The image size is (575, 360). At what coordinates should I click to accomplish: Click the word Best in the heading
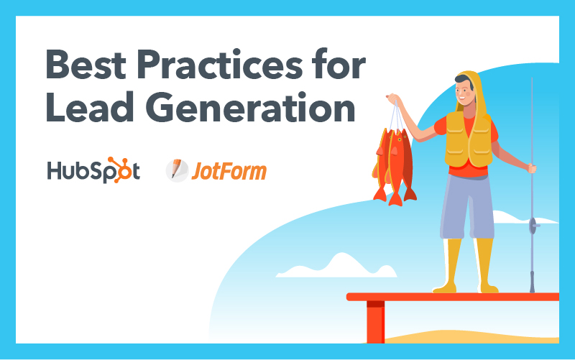[x=86, y=65]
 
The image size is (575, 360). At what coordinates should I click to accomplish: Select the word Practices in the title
[x=220, y=65]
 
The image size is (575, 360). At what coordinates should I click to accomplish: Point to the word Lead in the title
[x=89, y=106]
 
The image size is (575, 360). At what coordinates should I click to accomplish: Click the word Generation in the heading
[x=250, y=106]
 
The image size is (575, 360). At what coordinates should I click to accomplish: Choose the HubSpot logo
[x=93, y=170]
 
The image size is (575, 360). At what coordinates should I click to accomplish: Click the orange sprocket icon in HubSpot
[x=119, y=170]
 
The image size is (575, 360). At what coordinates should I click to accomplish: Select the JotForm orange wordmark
[x=229, y=171]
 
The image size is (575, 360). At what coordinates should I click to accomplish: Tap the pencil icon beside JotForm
[x=177, y=170]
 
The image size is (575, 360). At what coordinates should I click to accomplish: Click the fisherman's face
[x=464, y=92]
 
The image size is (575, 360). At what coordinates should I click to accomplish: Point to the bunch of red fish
[x=395, y=166]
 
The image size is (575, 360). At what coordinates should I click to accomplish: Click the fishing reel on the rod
[x=534, y=225]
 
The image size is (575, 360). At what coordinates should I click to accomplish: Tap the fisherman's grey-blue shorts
[x=467, y=207]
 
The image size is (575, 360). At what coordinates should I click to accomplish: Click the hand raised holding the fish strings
[x=392, y=98]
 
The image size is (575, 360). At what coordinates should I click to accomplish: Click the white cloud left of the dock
[x=336, y=266]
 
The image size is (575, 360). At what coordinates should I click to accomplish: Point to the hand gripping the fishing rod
[x=531, y=168]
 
